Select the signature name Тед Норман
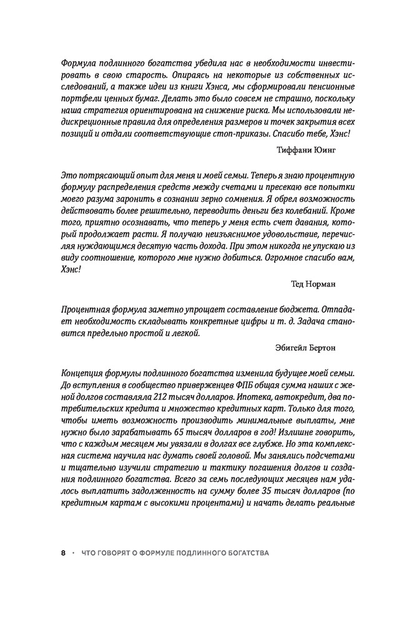pyautogui.click(x=313, y=284)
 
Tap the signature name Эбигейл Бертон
pyautogui.click(x=305, y=346)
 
